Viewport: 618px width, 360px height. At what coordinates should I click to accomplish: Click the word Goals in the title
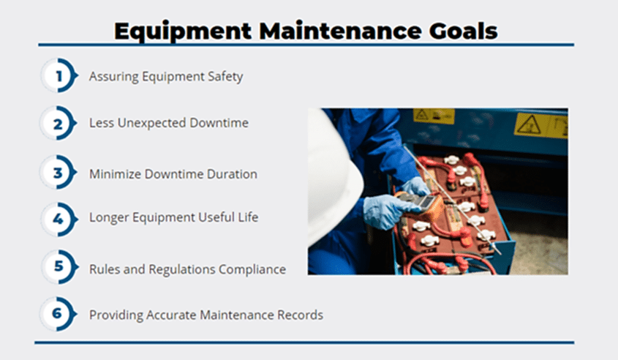point(463,31)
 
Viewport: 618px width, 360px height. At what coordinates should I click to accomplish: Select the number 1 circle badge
point(59,75)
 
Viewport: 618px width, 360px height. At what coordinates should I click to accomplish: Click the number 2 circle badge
point(59,124)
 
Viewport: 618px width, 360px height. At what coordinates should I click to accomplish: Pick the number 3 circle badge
point(59,172)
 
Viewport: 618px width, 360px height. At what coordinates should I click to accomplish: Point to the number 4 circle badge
point(59,220)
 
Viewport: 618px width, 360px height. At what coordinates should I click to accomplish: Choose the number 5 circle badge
point(59,266)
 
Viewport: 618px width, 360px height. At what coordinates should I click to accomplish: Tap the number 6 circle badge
point(59,314)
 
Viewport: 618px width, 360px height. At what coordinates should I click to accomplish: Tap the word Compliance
point(252,270)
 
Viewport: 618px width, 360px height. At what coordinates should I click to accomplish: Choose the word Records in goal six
point(301,315)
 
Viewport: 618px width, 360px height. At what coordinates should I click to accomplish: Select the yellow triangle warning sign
point(529,124)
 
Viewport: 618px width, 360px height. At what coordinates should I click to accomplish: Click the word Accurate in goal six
point(171,315)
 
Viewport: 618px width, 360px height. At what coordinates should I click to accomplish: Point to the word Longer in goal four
point(109,217)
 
